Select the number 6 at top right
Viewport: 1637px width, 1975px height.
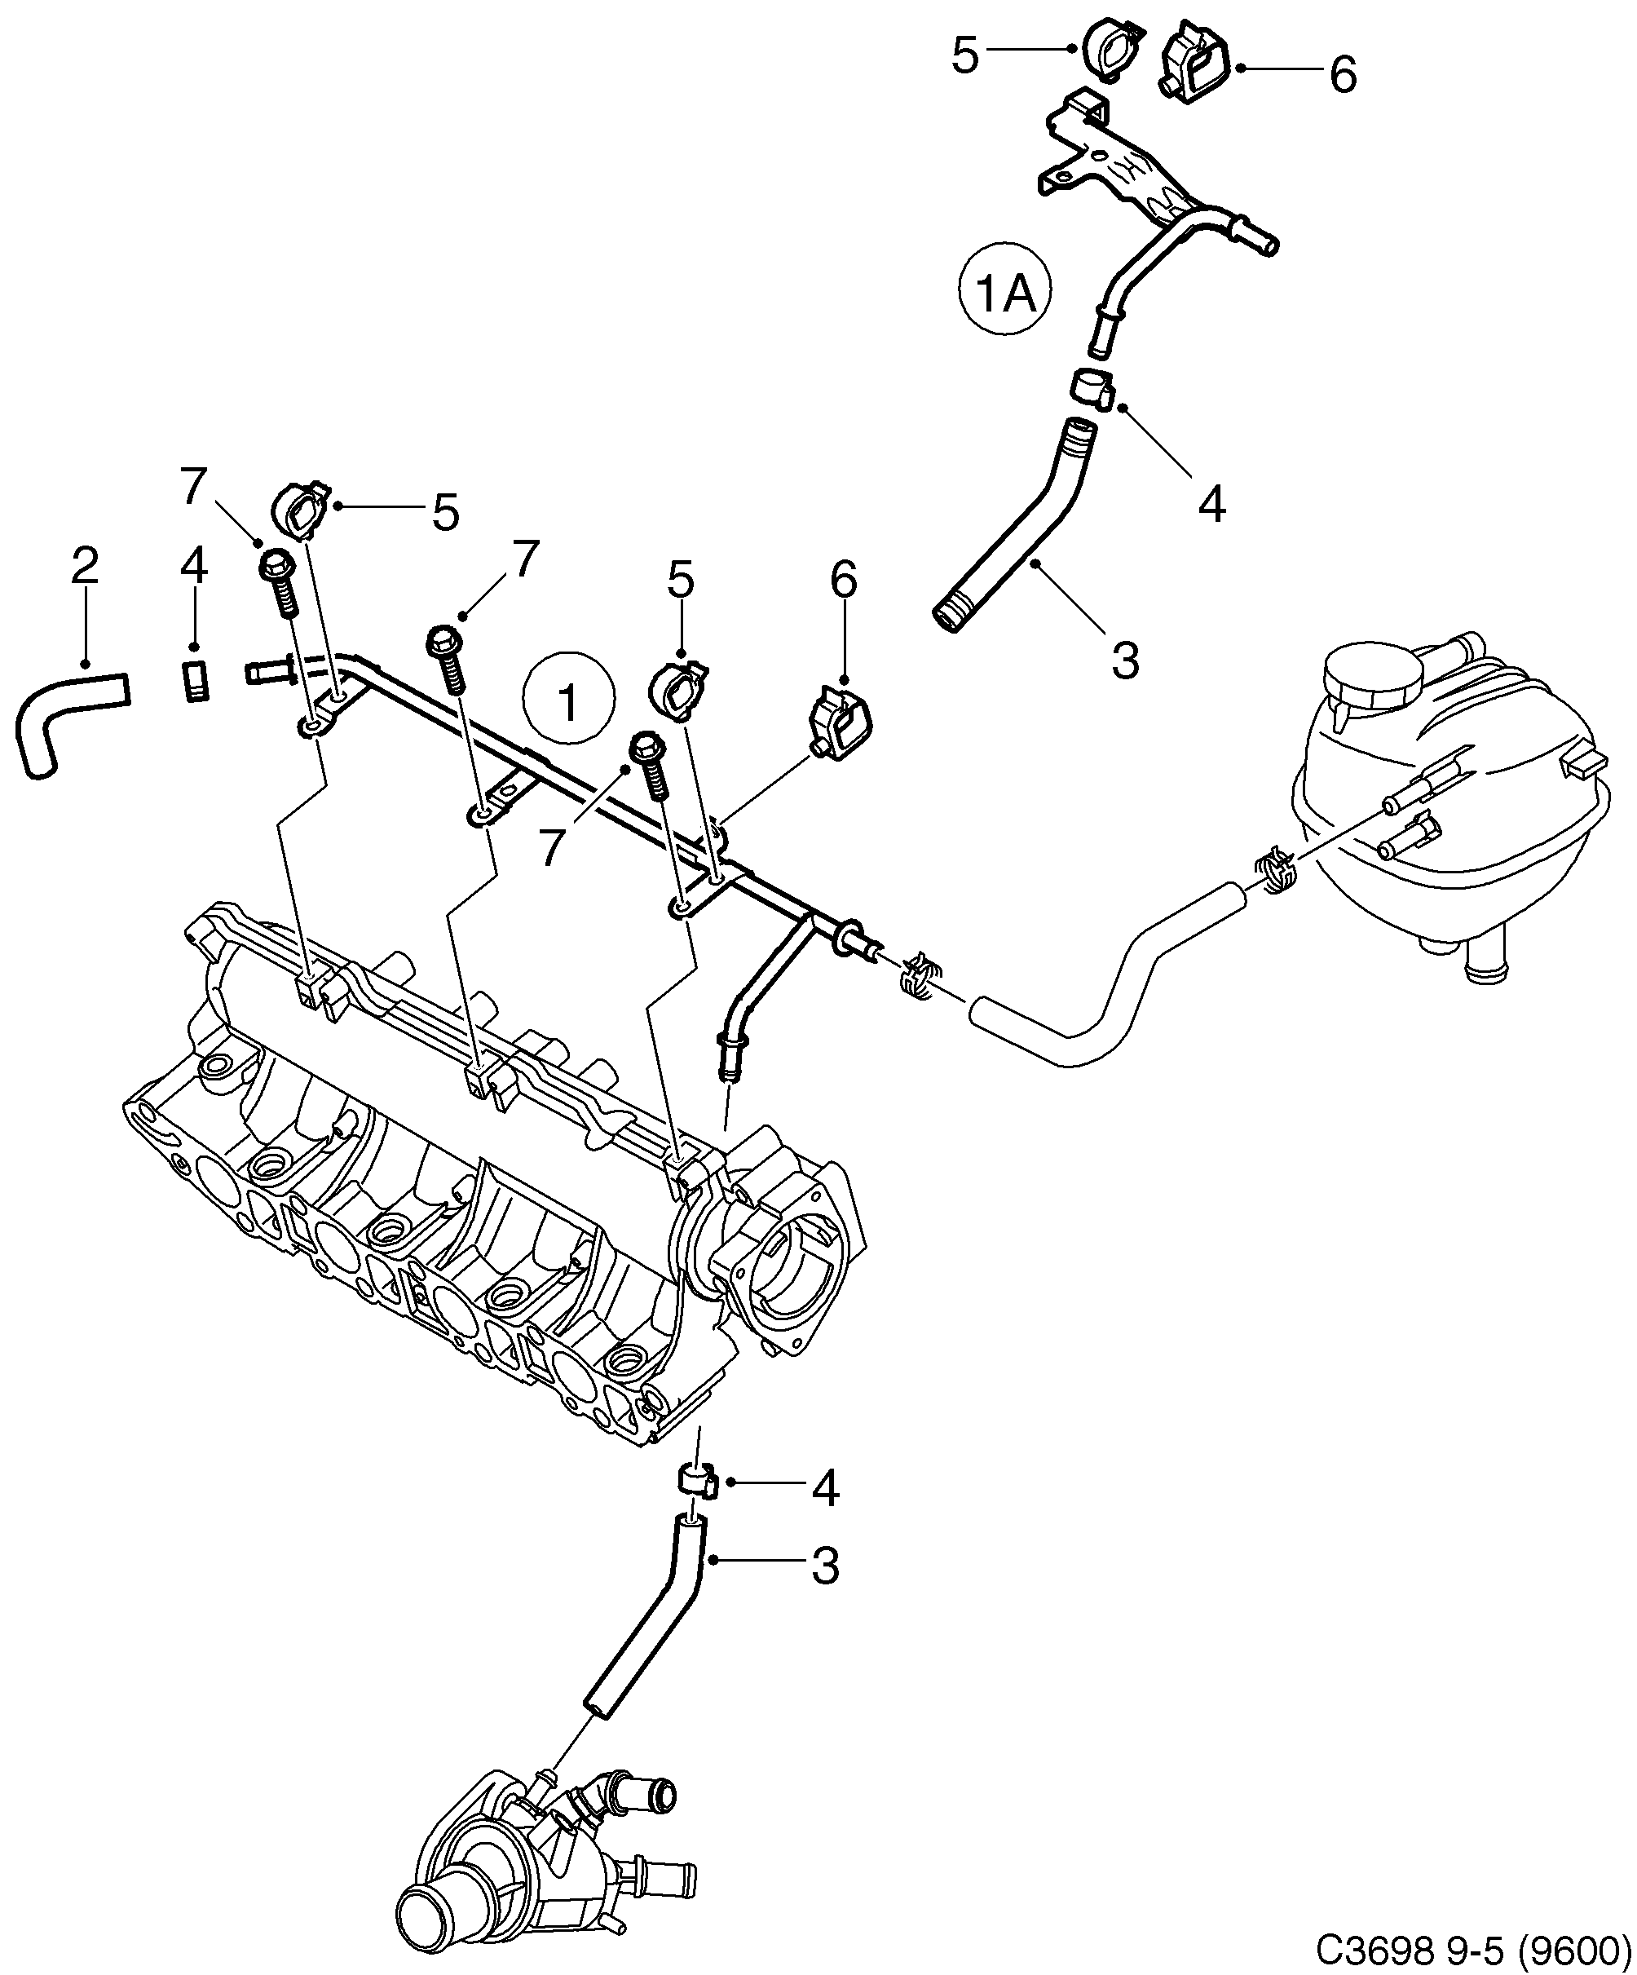pos(1344,73)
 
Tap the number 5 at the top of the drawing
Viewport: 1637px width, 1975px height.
pos(964,55)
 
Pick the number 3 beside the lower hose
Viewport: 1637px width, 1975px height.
pos(823,1566)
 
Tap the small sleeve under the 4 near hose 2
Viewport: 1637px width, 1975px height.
pos(195,682)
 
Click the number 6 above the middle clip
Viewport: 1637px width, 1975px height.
pos(844,581)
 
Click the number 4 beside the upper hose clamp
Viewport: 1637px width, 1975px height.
pos(1211,505)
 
